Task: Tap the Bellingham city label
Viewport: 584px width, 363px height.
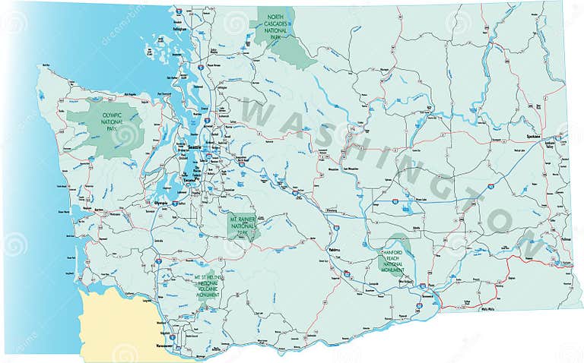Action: (180, 29)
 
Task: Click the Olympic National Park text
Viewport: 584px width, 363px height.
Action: (108, 122)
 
